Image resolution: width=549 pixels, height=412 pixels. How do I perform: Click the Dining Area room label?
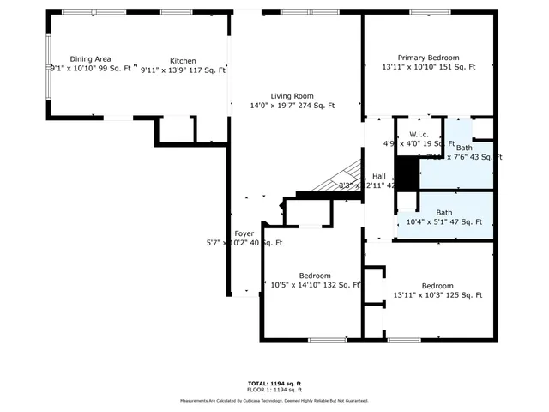90,59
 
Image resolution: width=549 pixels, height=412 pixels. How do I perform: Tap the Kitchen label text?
183,61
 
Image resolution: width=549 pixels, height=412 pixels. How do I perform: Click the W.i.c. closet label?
419,135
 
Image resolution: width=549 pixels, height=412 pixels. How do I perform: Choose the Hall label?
378,176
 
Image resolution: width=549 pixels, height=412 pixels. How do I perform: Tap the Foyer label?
244,233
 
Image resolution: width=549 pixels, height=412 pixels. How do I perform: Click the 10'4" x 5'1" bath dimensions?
444,222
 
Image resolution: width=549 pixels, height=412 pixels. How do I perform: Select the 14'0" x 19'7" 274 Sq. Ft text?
281,106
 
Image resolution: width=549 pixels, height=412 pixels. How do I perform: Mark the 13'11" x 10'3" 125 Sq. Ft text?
437,295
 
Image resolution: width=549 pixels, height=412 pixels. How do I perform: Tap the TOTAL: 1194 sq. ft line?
274,383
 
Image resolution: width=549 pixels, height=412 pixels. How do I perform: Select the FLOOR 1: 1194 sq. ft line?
274,390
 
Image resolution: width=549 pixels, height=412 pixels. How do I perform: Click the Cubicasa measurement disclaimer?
274,401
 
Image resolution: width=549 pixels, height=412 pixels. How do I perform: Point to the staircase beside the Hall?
337,178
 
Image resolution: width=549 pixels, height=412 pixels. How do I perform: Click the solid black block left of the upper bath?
408,173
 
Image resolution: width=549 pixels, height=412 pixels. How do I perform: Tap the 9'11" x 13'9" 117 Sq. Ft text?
183,70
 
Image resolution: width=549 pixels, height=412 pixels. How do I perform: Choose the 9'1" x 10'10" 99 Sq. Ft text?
91,69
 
